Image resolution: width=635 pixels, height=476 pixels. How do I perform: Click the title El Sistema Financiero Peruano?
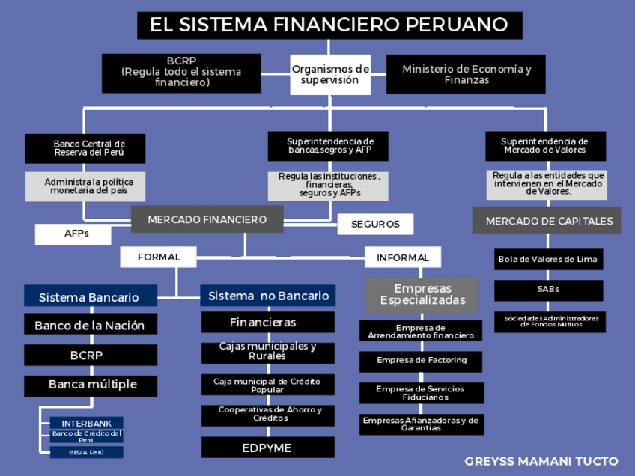click(x=329, y=25)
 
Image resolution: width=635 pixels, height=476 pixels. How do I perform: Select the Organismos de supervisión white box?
click(x=330, y=74)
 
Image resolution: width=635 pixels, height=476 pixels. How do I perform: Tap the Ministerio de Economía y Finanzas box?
click(x=466, y=74)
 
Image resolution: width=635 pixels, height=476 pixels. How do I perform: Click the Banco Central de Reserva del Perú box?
click(x=85, y=148)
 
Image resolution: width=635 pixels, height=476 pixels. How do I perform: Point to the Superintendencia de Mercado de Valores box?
click(x=544, y=146)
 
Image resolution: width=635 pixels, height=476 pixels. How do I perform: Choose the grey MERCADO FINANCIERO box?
click(x=207, y=219)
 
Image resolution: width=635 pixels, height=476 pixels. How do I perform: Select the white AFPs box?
click(x=73, y=234)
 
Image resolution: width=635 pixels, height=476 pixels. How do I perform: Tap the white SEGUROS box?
click(x=375, y=224)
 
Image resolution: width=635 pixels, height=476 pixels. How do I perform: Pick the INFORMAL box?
click(x=403, y=257)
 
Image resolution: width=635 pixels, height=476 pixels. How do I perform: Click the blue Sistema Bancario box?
click(x=91, y=296)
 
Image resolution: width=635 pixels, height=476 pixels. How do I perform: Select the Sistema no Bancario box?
click(x=268, y=296)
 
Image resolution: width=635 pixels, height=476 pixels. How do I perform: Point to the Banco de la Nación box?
click(x=91, y=325)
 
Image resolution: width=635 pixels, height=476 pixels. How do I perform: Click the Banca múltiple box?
click(x=91, y=385)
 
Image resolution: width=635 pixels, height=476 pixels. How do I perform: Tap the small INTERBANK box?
click(x=86, y=423)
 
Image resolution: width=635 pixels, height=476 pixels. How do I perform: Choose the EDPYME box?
click(x=267, y=448)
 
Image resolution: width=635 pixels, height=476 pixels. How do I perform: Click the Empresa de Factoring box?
click(x=421, y=361)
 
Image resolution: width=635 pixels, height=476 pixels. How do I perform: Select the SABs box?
click(x=548, y=290)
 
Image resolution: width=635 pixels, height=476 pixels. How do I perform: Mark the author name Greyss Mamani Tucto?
click(x=541, y=461)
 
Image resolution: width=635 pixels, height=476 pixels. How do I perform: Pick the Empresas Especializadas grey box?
click(x=421, y=295)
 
